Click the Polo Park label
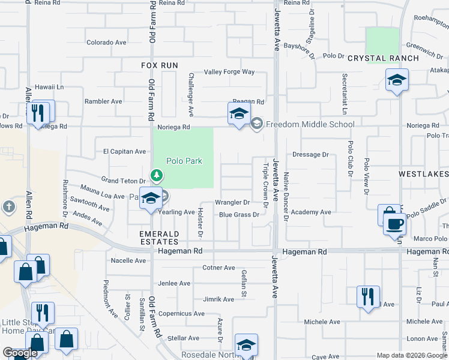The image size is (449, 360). [x=184, y=161]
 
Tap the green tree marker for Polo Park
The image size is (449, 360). [x=157, y=175]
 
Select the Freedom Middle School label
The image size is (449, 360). [x=310, y=124]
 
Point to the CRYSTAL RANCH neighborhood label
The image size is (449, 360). [x=384, y=58]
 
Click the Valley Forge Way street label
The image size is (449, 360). [x=229, y=72]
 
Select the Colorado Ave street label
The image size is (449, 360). [x=106, y=43]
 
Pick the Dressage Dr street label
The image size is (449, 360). [x=310, y=154]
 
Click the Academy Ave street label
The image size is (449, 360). [x=311, y=212]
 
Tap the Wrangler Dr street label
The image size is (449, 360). [x=232, y=203]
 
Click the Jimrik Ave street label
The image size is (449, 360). [x=218, y=299]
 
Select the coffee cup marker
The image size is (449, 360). [x=394, y=224]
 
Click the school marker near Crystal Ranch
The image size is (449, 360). [x=397, y=81]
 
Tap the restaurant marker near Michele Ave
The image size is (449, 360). [x=368, y=296]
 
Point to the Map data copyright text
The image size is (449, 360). [x=411, y=355]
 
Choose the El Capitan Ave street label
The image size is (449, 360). [x=125, y=152]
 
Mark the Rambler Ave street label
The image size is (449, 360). [x=103, y=101]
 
